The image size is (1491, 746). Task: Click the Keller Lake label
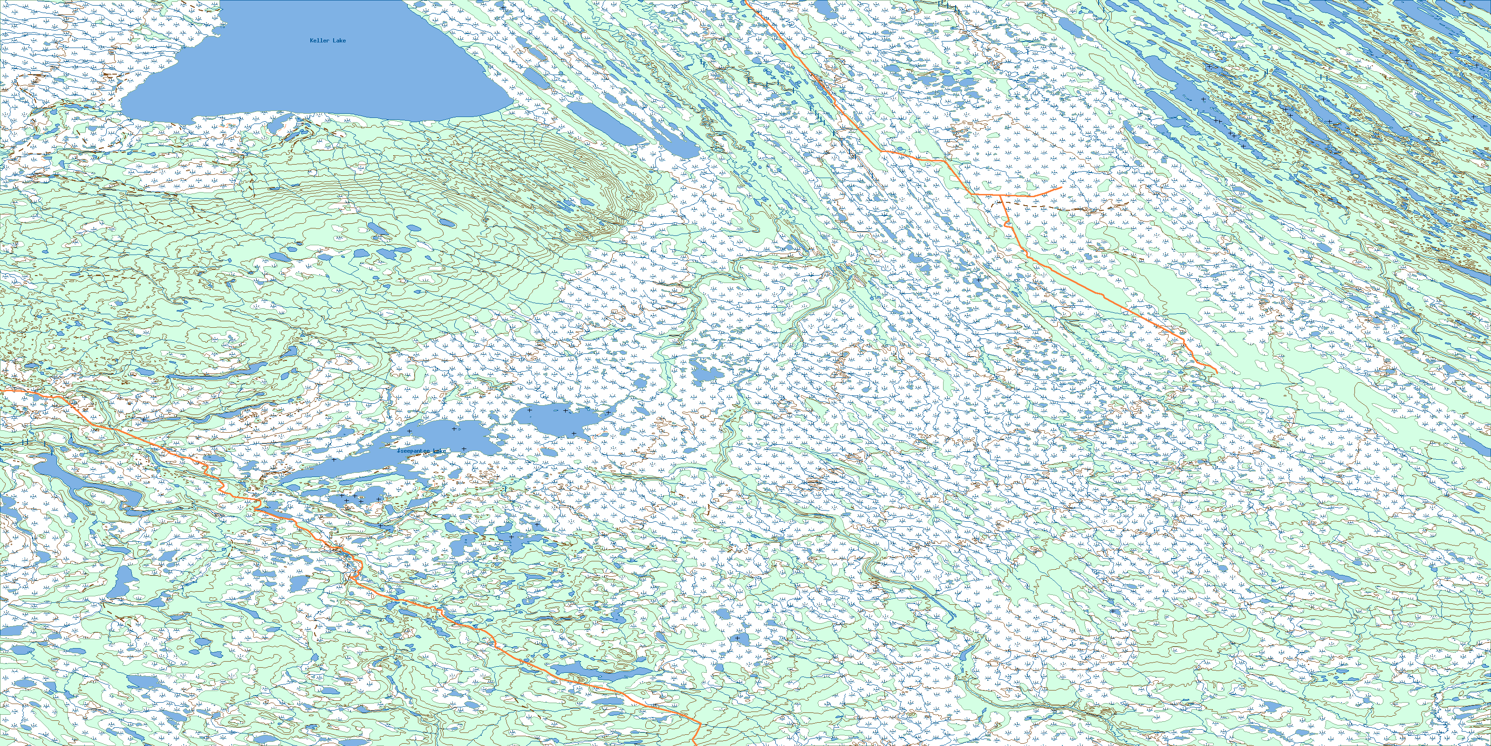[x=328, y=41]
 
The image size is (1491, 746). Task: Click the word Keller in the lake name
[x=319, y=41]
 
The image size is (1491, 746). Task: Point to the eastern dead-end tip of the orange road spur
[x=1060, y=187]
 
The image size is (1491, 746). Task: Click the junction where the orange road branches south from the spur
[x=1001, y=196]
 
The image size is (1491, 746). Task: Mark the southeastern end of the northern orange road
[x=1217, y=371]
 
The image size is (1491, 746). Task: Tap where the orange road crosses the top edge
[x=745, y=1]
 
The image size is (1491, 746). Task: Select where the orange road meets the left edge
[x=1, y=392]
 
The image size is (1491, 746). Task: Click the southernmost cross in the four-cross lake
[x=574, y=433]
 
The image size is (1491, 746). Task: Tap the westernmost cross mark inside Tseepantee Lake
[x=334, y=459]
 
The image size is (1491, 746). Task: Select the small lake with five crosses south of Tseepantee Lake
[x=359, y=498]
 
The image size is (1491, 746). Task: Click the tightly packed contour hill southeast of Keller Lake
[x=579, y=191]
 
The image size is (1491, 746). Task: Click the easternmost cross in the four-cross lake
[x=607, y=413]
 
